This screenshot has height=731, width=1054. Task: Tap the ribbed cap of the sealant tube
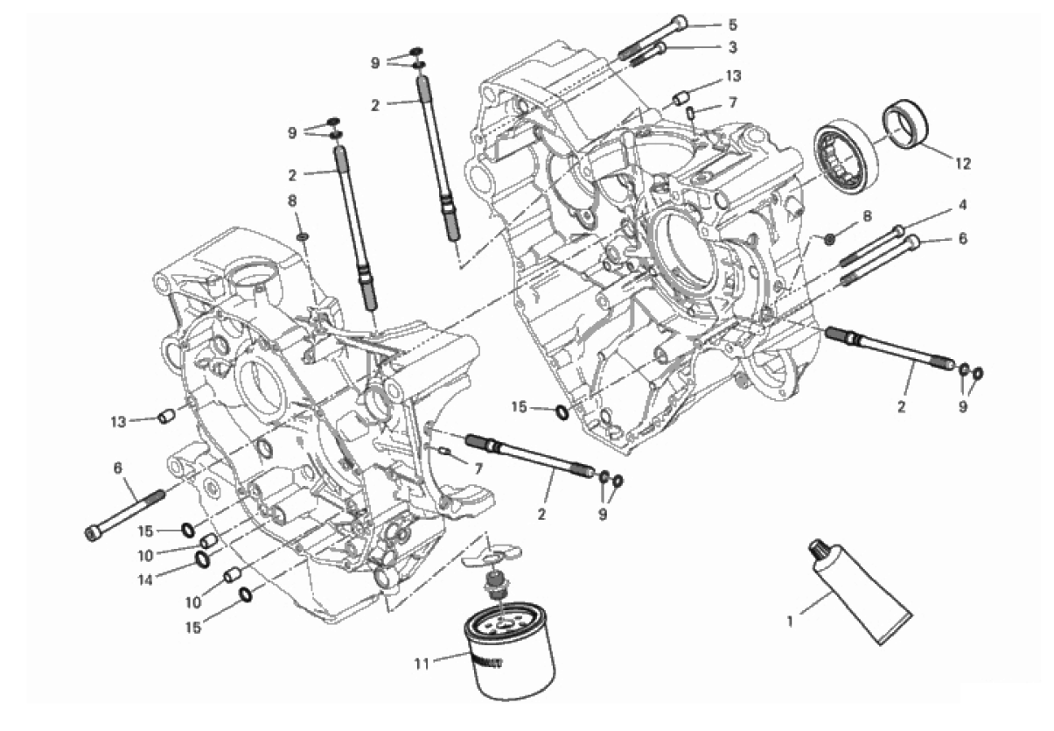click(816, 548)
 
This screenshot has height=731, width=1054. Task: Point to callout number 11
click(422, 664)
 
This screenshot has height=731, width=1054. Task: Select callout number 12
click(963, 164)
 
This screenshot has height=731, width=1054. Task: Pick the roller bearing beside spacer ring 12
click(847, 155)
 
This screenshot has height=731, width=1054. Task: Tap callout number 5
click(732, 25)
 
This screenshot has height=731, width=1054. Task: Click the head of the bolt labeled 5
click(680, 23)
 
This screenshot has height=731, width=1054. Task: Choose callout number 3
click(732, 47)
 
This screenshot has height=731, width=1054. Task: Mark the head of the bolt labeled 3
click(660, 48)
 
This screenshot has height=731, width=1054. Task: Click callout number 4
click(963, 205)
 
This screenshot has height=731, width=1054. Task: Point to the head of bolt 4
click(898, 231)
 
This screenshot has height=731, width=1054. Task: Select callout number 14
click(145, 580)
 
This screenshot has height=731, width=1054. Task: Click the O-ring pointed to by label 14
click(202, 559)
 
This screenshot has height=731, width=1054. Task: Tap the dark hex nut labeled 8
click(829, 239)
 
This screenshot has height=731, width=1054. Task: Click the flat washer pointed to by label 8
click(304, 235)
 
